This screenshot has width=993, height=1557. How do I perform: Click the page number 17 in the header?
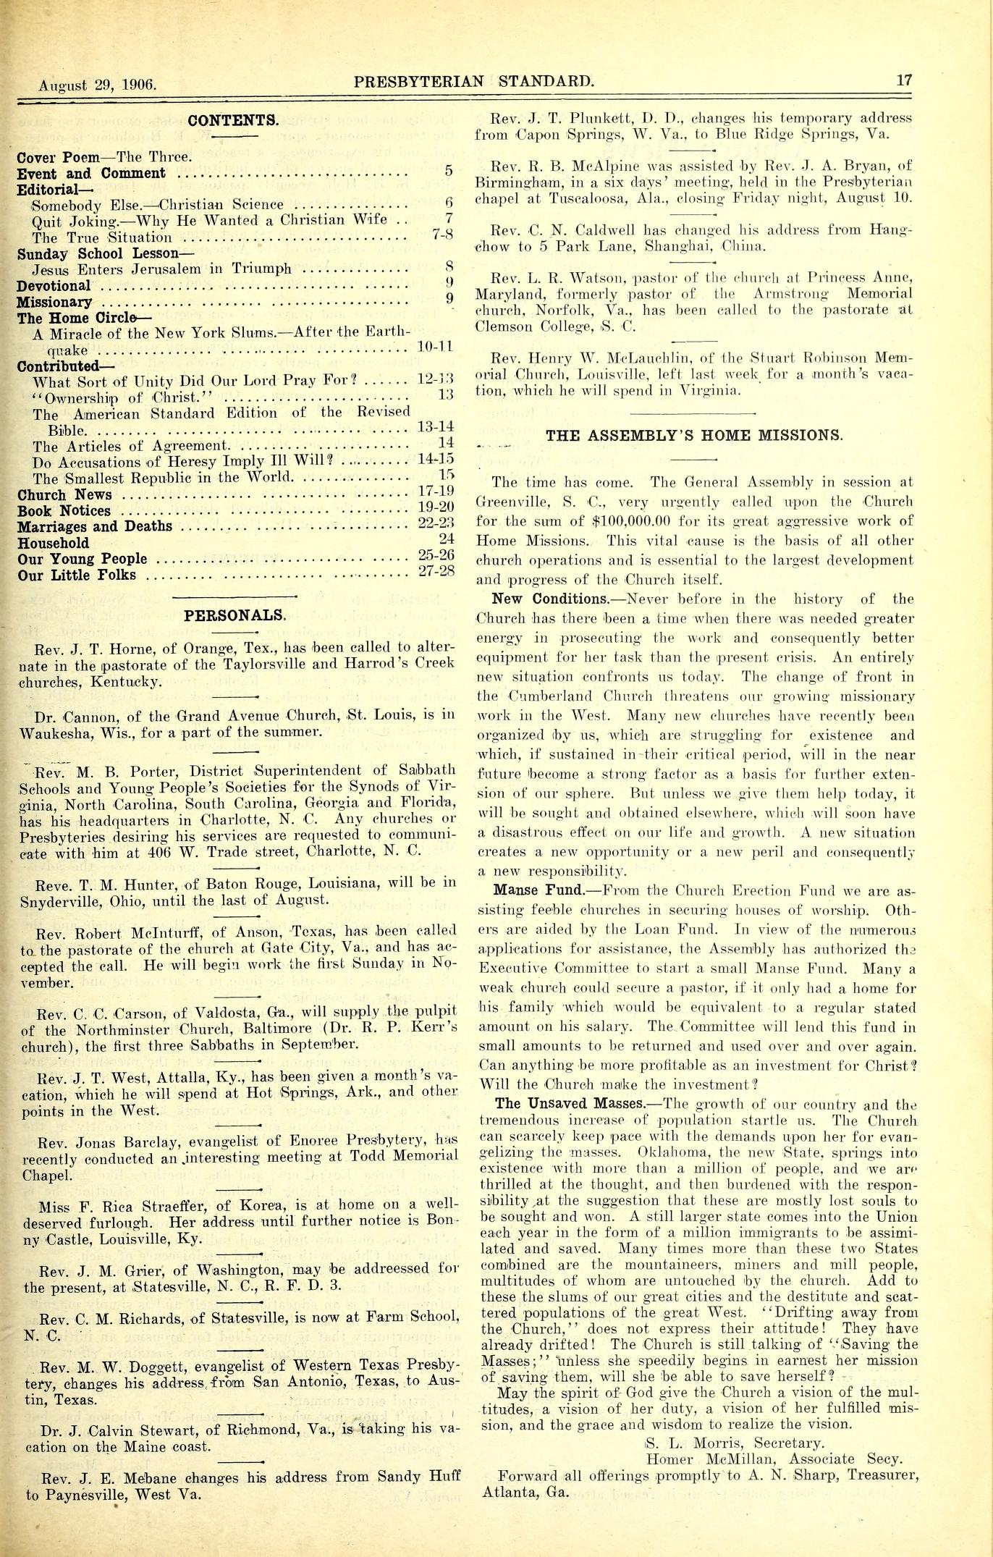pos(904,80)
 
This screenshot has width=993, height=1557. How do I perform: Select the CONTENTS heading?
pos(233,120)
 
